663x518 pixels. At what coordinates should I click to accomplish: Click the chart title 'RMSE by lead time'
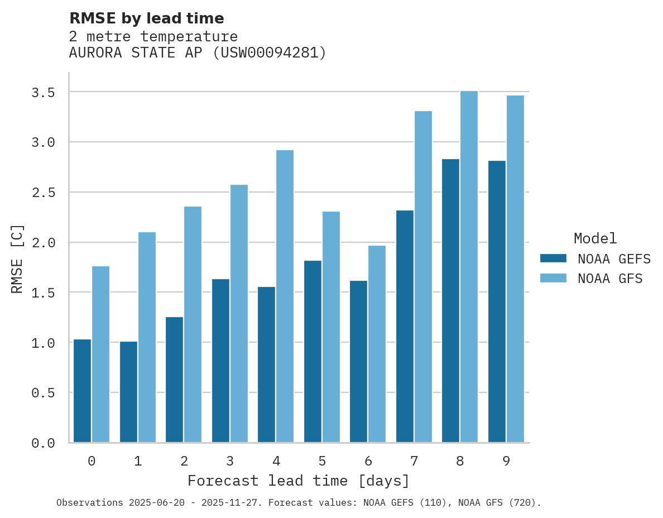(x=146, y=18)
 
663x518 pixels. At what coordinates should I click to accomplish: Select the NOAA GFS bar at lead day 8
(x=469, y=267)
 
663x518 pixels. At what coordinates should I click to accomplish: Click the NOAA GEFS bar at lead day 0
(x=82, y=391)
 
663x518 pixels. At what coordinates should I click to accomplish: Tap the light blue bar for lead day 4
(x=285, y=296)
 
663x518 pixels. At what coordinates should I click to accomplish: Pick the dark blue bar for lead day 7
(x=405, y=327)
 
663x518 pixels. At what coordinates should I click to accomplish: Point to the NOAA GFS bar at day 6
(x=377, y=344)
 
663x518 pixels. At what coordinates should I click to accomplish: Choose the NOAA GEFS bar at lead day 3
(x=220, y=361)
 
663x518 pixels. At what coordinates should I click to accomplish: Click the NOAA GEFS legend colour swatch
(x=553, y=258)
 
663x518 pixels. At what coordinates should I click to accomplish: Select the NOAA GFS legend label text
(x=610, y=279)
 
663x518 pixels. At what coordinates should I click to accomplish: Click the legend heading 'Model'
(x=595, y=238)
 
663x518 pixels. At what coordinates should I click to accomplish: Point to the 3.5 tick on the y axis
(x=43, y=92)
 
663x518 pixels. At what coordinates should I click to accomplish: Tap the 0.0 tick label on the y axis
(x=43, y=443)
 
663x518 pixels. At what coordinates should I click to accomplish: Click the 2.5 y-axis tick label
(x=43, y=193)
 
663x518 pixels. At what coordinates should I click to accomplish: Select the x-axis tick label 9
(x=506, y=461)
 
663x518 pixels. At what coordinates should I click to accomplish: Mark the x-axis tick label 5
(x=322, y=461)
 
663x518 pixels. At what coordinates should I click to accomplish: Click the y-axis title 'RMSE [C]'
(x=17, y=258)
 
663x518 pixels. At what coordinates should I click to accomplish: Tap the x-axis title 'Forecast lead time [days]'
(x=299, y=481)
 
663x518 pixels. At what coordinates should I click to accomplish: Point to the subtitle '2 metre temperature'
(x=153, y=37)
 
